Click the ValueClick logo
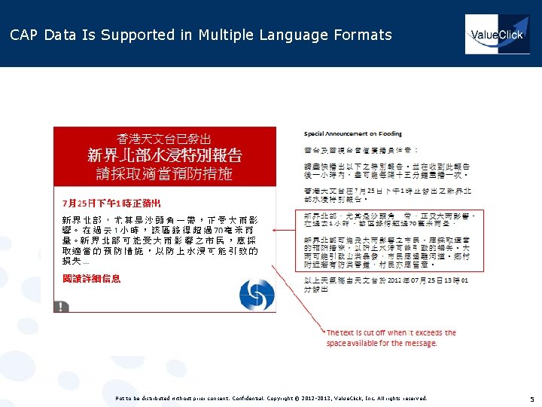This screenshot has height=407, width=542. tap(497, 35)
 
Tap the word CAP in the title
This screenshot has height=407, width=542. tap(24, 35)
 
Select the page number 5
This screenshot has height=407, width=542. tap(531, 399)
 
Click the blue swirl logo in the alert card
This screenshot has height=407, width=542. tap(256, 292)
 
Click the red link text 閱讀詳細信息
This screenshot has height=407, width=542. tap(91, 279)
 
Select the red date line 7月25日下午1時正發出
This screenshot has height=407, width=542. tap(111, 203)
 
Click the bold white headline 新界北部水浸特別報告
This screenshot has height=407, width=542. tap(164, 156)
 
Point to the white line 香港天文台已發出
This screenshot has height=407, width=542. tap(164, 139)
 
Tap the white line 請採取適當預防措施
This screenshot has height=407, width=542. tap(164, 174)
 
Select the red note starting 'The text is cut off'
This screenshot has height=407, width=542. tap(391, 338)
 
